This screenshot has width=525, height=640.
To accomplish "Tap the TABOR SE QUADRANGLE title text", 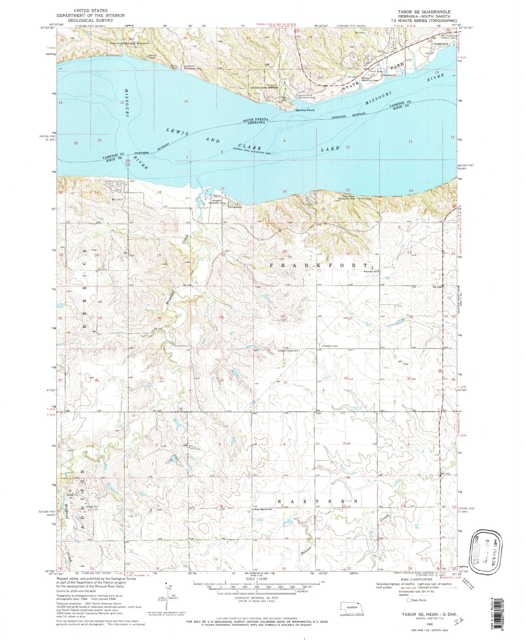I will [x=424, y=12].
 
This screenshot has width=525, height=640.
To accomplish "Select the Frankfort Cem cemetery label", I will [x=330, y=346].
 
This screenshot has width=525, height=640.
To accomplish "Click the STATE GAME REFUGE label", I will [x=264, y=88].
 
